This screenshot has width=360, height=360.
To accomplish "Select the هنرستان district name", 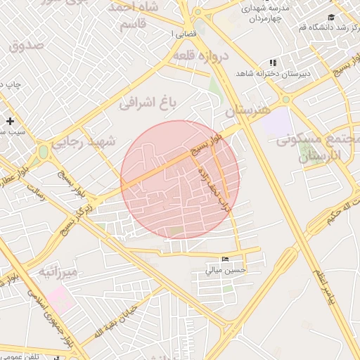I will click(x=248, y=112).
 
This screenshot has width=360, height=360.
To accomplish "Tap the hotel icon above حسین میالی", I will click(x=225, y=259).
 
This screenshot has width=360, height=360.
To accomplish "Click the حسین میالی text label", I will click(x=225, y=269).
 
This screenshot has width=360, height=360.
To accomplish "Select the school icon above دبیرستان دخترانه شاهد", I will click(x=272, y=63).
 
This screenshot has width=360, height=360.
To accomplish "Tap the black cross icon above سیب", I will click(x=10, y=121).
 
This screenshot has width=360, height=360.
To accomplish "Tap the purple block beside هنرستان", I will click(x=280, y=122).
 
